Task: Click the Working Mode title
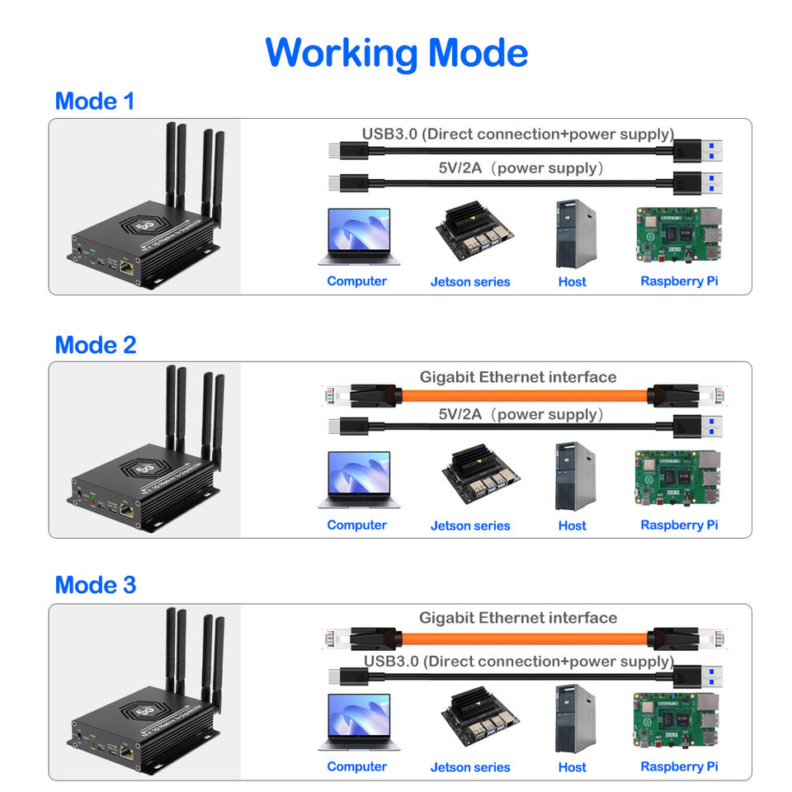point(396,53)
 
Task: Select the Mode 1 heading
point(94,101)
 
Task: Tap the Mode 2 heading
point(95,345)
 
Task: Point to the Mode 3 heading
point(95,585)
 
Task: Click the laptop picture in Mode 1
point(358,236)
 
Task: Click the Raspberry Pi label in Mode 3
point(679,766)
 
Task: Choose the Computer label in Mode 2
point(356,525)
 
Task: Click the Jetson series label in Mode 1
point(470,281)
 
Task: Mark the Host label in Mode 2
point(572,525)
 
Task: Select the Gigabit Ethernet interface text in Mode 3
point(517,617)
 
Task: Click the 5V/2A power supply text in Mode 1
point(521,168)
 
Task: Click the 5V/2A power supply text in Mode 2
point(521,414)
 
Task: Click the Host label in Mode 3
point(572,766)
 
